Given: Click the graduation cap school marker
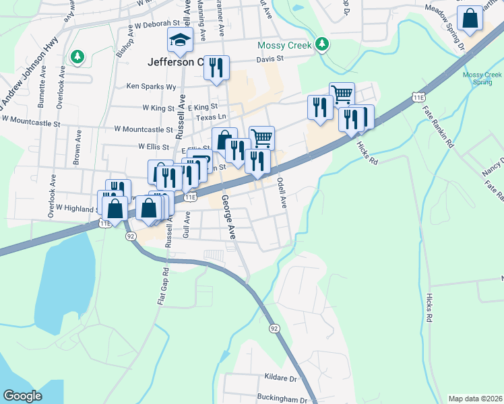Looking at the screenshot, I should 181,41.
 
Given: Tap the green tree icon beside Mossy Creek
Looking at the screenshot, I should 323,44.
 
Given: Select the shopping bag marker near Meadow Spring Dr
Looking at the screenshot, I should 470,19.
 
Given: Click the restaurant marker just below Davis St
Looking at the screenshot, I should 216,68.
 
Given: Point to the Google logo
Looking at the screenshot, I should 23,396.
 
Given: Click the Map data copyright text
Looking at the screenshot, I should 475,399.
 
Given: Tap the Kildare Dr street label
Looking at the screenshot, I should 282,379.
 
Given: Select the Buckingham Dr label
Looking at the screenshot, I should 277,398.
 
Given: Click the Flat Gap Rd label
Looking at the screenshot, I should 162,285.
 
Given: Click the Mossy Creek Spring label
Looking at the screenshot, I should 482,78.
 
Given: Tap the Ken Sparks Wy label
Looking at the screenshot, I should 152,87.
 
